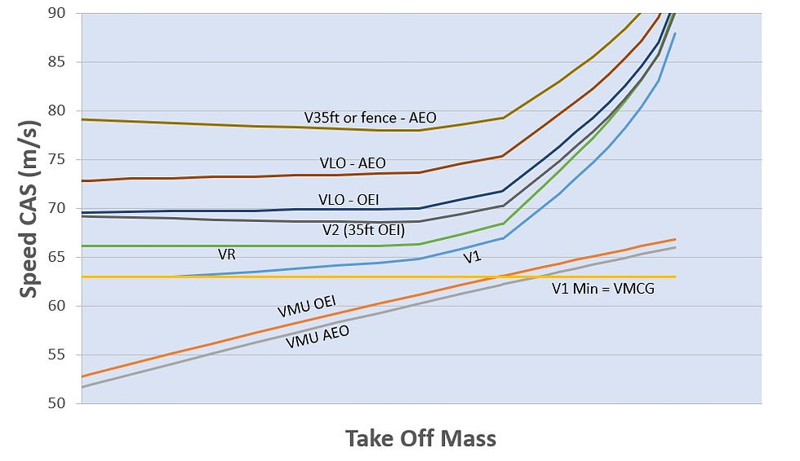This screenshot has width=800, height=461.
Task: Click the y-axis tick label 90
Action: [64, 13]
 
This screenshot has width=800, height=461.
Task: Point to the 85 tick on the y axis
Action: [64, 62]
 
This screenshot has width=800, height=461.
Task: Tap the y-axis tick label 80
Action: [64, 111]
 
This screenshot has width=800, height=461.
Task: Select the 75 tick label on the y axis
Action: [64, 160]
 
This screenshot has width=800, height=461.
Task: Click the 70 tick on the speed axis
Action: [64, 209]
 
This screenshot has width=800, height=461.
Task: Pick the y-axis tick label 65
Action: [64, 258]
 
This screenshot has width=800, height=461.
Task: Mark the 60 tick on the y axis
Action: [64, 307]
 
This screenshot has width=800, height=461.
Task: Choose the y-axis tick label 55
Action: [64, 356]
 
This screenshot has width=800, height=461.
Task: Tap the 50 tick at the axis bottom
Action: [64, 404]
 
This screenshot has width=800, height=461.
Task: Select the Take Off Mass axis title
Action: [420, 438]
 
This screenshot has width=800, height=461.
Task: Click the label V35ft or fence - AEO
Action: [370, 117]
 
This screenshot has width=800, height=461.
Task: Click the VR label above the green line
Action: [227, 255]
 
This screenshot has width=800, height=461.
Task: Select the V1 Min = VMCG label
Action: [601, 286]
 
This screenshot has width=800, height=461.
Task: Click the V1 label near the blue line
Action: [472, 258]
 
